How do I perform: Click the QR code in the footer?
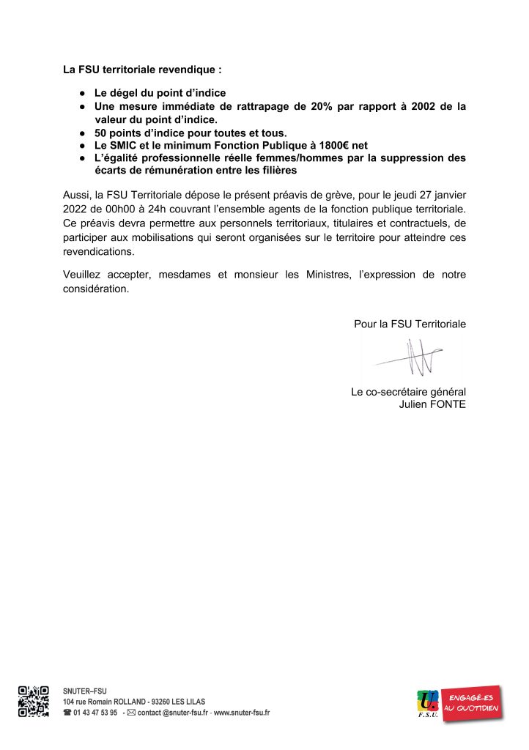(33, 701)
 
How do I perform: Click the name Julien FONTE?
(430, 404)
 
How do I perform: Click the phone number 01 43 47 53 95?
(95, 713)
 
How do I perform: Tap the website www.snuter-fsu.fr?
(241, 713)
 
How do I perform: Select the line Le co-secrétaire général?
(408, 392)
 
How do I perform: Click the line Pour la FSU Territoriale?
(410, 323)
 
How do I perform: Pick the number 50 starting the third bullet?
(101, 133)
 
